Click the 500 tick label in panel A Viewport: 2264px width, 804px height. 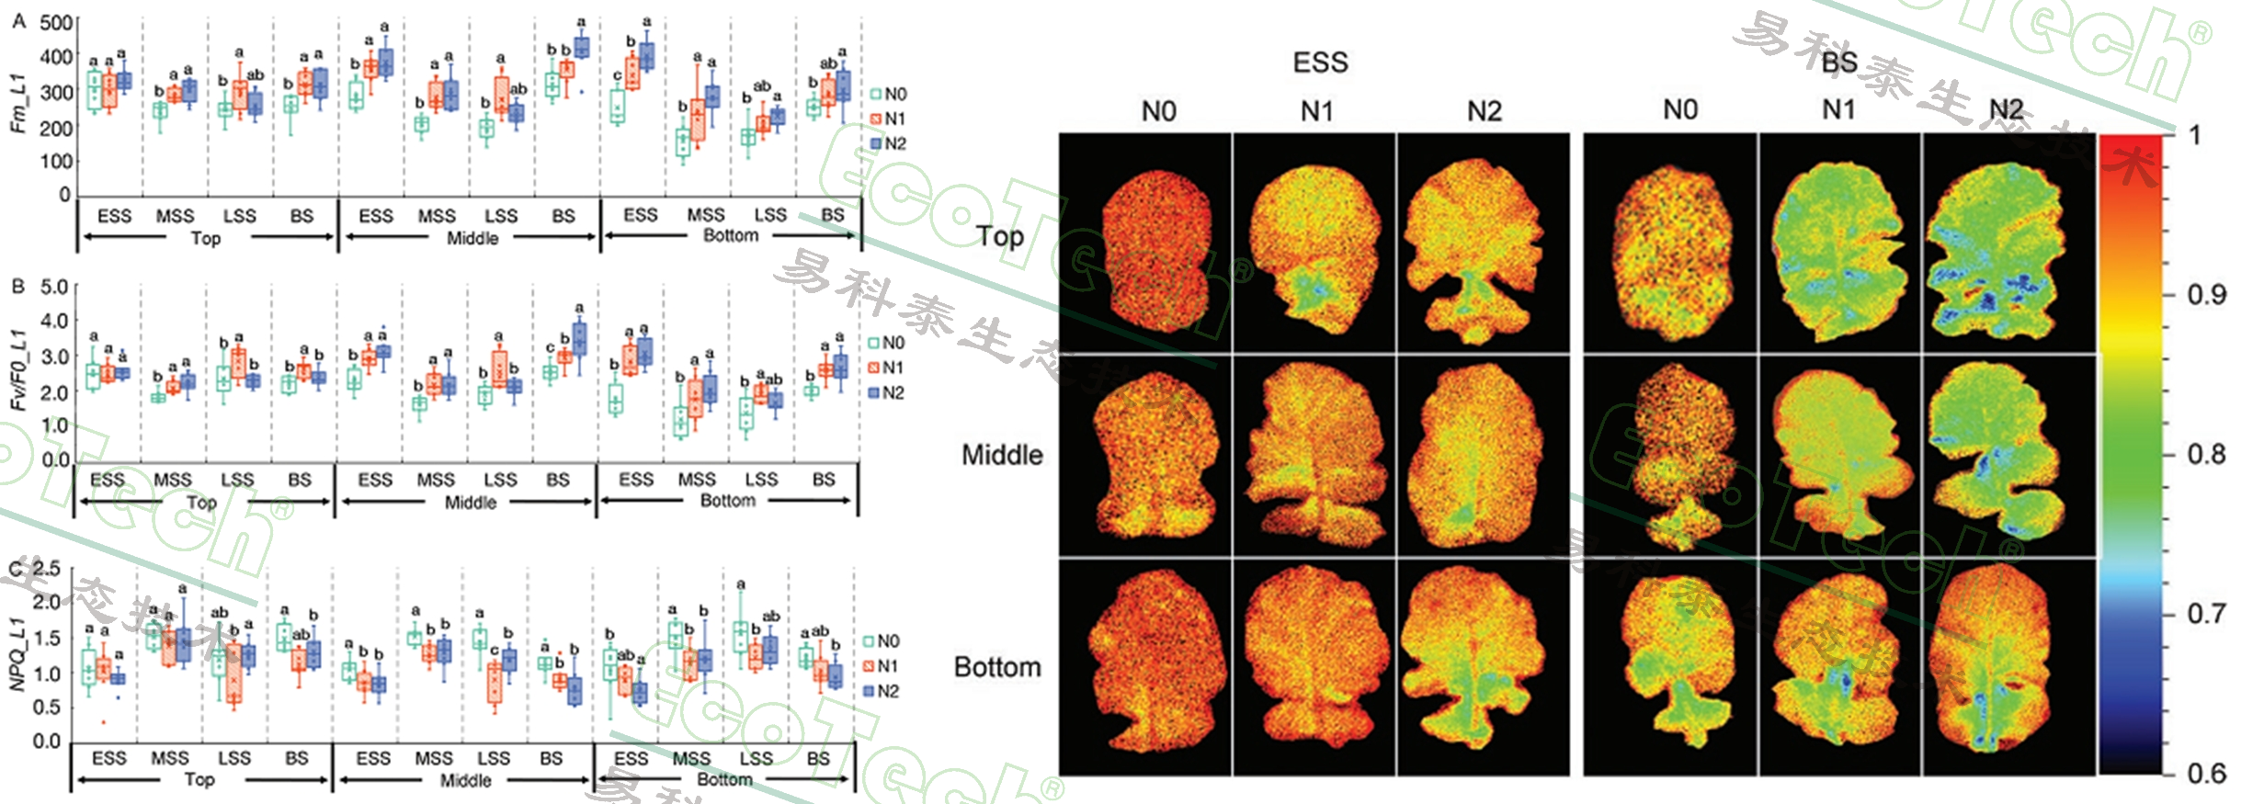56,22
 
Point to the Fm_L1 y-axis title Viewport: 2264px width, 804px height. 17,103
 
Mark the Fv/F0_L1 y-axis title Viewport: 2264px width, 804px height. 17,369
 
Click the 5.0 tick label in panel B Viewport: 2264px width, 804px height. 54,287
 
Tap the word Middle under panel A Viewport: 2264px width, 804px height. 472,239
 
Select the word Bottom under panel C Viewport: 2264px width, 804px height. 724,779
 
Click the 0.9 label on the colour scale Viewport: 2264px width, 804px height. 2206,295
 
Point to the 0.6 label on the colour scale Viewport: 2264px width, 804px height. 2206,774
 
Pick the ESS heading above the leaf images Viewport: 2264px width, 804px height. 1320,62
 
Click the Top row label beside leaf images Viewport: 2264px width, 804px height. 1000,236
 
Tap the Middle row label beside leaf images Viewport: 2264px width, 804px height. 1002,455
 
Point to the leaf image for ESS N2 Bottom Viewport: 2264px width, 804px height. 1482,666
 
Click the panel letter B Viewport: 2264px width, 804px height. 17,287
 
